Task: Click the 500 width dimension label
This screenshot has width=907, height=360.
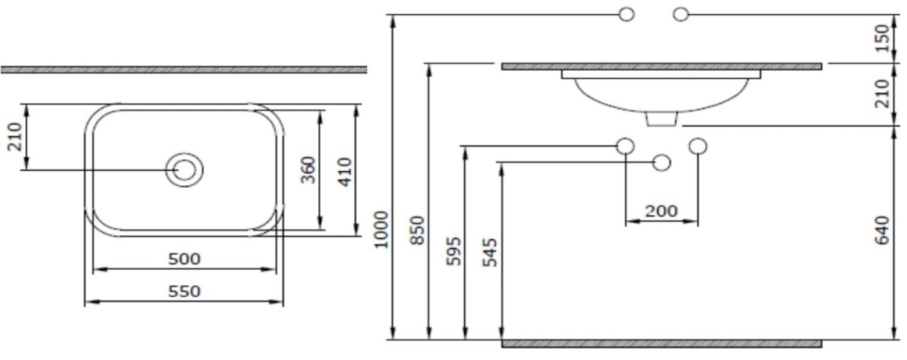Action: (x=184, y=259)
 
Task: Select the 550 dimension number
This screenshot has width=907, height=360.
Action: (x=184, y=292)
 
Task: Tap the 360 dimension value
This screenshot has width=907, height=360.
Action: (x=309, y=170)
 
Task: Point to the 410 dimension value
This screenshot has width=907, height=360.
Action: (x=345, y=172)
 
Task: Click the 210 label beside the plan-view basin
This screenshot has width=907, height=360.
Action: (x=15, y=137)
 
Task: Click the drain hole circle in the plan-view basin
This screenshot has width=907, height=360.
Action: (x=184, y=170)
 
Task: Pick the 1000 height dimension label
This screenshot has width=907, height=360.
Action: (x=381, y=230)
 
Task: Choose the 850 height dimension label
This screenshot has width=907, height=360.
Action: (x=418, y=231)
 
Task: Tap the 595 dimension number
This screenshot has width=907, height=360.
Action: (x=454, y=251)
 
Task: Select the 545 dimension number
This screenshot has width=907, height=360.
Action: (x=490, y=253)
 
